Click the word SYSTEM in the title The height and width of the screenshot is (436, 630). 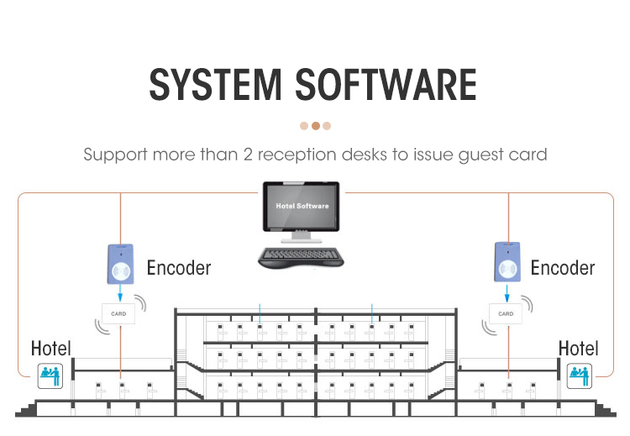[215, 86]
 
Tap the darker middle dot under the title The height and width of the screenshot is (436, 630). [315, 126]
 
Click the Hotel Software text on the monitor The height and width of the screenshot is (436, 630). [302, 206]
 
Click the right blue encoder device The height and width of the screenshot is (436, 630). [507, 263]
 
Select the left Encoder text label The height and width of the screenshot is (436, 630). [179, 268]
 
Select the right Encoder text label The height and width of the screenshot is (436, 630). [563, 268]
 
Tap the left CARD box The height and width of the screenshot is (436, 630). [118, 314]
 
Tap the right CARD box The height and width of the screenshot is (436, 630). [506, 314]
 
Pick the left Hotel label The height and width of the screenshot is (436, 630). [51, 348]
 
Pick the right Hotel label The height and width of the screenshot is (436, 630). [578, 348]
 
